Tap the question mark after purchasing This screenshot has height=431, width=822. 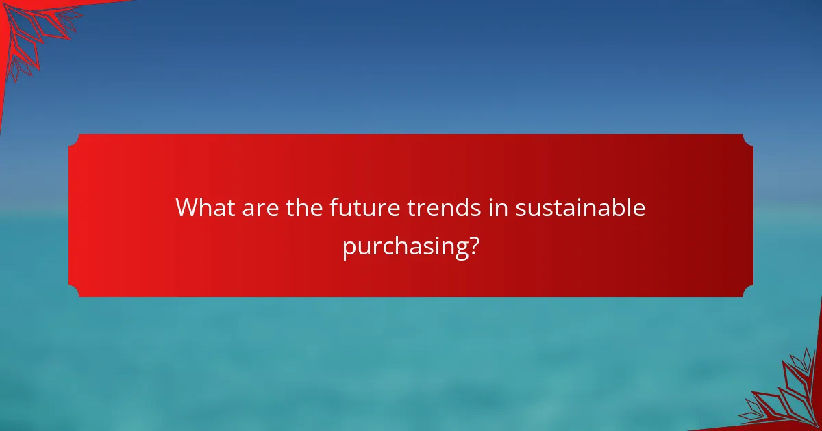473,244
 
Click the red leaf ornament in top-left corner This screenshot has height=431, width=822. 34,31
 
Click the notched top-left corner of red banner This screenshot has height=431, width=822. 74,140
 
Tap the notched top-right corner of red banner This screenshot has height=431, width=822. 748,140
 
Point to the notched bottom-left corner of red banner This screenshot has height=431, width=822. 74,291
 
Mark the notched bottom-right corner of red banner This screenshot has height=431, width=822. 748,291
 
